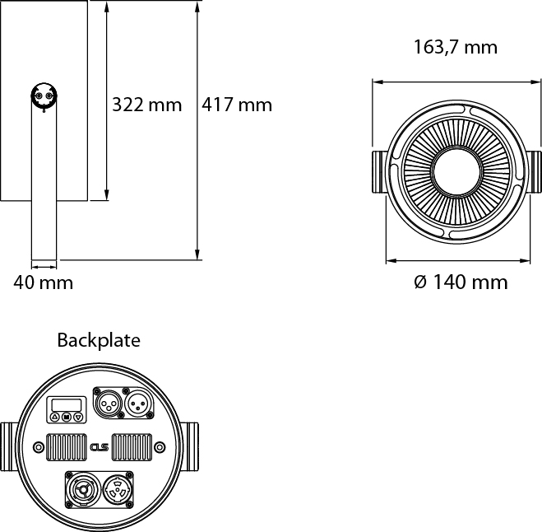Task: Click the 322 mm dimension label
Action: [x=146, y=105]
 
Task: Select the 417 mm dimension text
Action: [x=236, y=105]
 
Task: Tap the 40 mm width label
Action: [x=44, y=283]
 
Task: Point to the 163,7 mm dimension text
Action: [x=455, y=47]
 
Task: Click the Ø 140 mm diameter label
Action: [x=461, y=283]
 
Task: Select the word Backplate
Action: [x=99, y=340]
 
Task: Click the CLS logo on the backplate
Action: [x=100, y=448]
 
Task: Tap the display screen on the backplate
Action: [x=67, y=404]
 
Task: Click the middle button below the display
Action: [x=67, y=418]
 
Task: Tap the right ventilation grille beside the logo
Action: [x=131, y=447]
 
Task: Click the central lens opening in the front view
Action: [x=455, y=173]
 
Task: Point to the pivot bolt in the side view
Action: [x=44, y=96]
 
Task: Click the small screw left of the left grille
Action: [x=38, y=447]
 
